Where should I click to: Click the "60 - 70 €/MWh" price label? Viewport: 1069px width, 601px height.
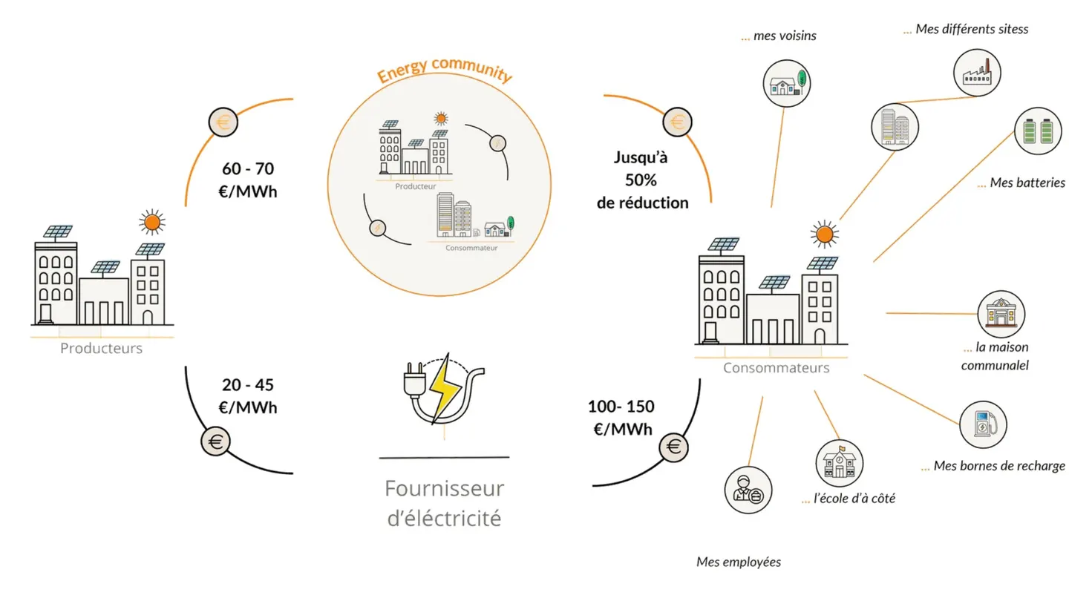(248, 180)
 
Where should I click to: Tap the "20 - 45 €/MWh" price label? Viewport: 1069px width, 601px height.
(248, 396)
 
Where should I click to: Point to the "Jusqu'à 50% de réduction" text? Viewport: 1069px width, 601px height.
(642, 180)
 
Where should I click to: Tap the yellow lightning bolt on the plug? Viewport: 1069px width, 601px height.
(445, 388)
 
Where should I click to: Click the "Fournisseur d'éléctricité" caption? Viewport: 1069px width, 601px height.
(444, 503)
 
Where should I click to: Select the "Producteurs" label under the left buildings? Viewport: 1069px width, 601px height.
(101, 348)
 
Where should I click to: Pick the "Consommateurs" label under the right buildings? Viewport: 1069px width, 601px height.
(776, 368)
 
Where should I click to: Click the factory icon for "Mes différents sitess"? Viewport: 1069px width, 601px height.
(977, 73)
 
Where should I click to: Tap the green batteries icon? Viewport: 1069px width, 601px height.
(1038, 131)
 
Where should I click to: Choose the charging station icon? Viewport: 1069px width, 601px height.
(983, 424)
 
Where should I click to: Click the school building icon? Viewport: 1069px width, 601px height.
(840, 463)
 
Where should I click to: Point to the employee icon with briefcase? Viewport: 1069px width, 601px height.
(748, 490)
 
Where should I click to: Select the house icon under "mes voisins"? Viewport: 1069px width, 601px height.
(786, 83)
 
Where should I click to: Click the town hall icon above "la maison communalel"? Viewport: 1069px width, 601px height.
(1001, 315)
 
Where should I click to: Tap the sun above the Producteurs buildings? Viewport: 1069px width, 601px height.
(152, 223)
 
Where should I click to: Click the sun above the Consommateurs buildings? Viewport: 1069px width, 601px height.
(824, 234)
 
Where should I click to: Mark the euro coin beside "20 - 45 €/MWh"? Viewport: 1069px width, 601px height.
(216, 441)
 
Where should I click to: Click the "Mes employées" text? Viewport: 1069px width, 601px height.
(738, 562)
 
